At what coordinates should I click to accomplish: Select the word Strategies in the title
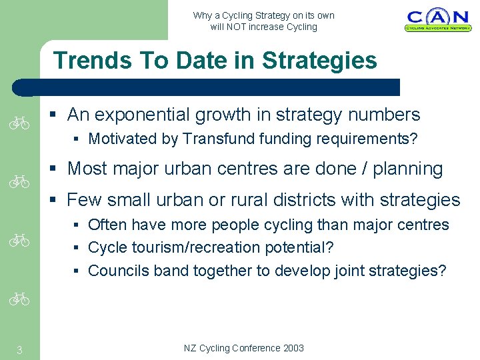pyautogui.click(x=319, y=61)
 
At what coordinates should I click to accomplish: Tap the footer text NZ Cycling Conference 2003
pyautogui.click(x=244, y=348)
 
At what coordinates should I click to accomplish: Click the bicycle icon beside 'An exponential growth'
pyautogui.click(x=20, y=123)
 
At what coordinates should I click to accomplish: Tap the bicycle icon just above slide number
pyautogui.click(x=20, y=300)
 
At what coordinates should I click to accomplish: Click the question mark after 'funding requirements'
pyautogui.click(x=414, y=139)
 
